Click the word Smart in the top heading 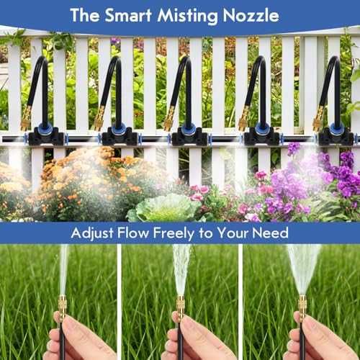[128, 15]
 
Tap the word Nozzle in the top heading [251, 16]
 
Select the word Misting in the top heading [187, 17]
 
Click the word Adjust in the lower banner [92, 233]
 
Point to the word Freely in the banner [174, 233]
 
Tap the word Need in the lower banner [270, 233]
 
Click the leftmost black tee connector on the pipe [46, 135]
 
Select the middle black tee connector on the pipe [189, 135]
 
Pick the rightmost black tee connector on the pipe [336, 135]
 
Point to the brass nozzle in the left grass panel [63, 305]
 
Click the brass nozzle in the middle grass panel [181, 305]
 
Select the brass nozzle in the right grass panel [302, 305]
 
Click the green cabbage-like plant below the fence [166, 208]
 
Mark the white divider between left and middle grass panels [119, 302]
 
